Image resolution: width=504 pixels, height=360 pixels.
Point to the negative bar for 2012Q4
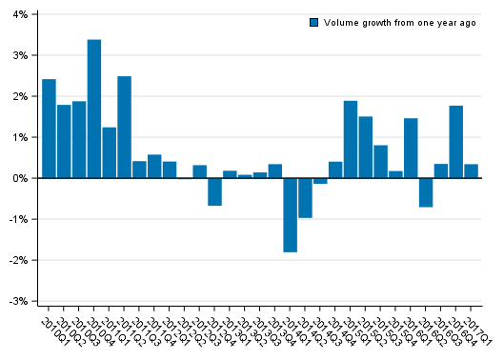coord(214,191)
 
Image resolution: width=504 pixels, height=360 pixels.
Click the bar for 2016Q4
coord(456,142)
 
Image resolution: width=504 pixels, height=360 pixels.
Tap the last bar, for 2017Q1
coord(472,171)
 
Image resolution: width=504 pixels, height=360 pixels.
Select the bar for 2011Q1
coord(109,152)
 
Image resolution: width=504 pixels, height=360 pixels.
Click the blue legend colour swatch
coord(313,23)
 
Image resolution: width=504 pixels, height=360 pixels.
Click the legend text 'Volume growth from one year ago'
coord(399,23)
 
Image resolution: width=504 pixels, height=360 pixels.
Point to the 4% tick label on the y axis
coord(19,15)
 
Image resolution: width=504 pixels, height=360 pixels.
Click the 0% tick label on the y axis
coord(19,178)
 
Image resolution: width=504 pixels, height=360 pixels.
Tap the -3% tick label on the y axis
coord(17,301)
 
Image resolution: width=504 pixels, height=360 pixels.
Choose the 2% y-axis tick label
coord(19,97)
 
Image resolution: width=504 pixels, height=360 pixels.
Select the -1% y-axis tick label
coord(17,219)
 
